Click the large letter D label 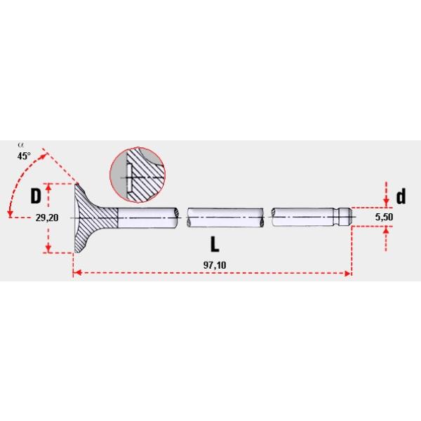click(x=36, y=196)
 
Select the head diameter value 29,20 click(x=47, y=218)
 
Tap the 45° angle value click(x=24, y=156)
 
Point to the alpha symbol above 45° click(x=20, y=145)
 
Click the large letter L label click(x=215, y=244)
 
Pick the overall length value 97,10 click(x=215, y=265)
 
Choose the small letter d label click(x=401, y=196)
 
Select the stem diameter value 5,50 click(x=384, y=217)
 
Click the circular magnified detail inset click(x=138, y=175)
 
